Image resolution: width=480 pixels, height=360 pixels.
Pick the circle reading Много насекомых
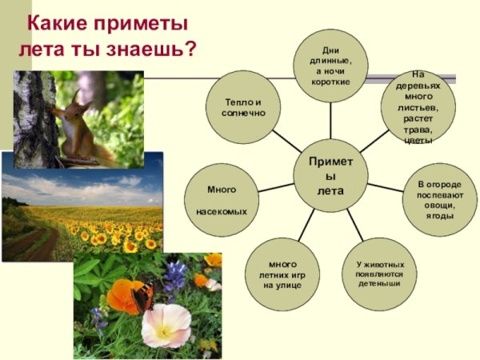pyautogui.click(x=222, y=201)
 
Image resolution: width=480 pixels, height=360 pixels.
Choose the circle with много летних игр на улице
pyautogui.click(x=282, y=274)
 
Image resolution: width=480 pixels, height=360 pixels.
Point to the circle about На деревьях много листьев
pyautogui.click(x=418, y=107)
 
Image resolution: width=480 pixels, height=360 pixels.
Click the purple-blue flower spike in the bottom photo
pyautogui.click(x=175, y=276)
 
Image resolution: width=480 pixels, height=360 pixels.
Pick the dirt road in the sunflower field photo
pyautogui.click(x=32, y=240)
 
